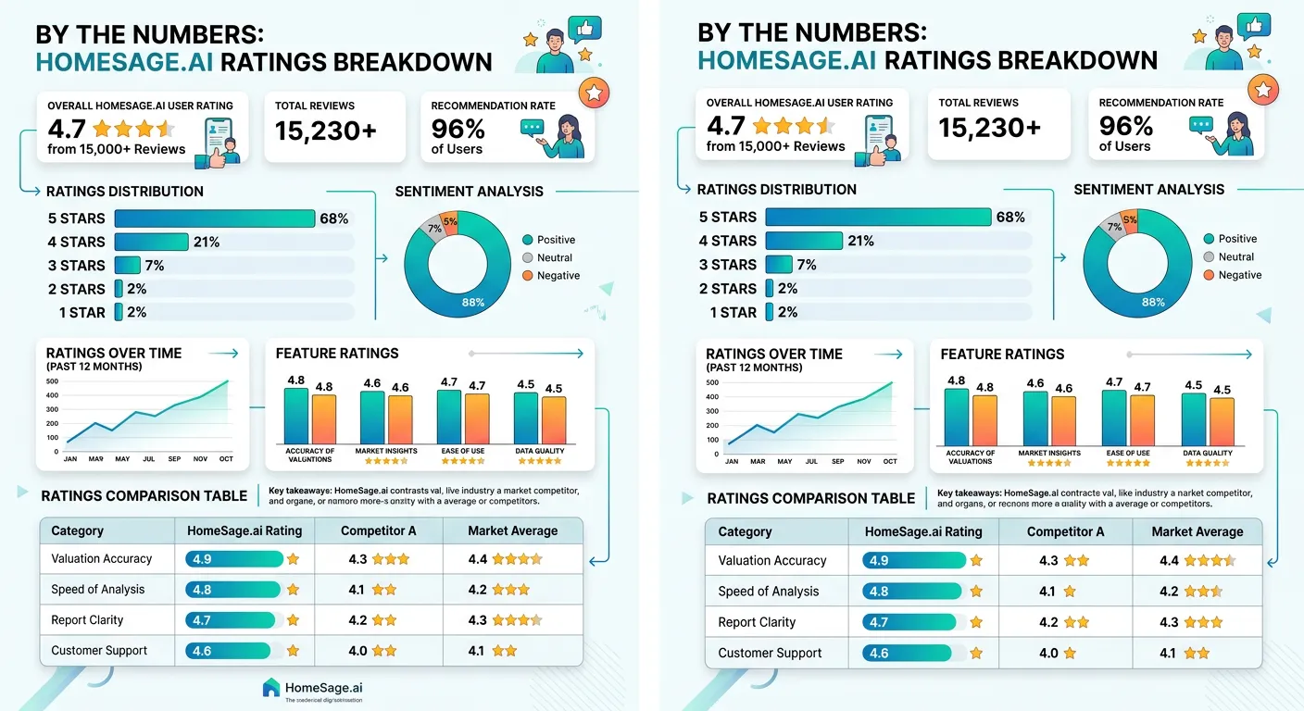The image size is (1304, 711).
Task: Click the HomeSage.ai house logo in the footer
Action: pos(271,687)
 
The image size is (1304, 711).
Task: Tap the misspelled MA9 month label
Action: pos(95,458)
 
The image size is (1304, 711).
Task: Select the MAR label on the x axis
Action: pos(759,461)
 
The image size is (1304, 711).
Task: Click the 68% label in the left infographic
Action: pos(333,218)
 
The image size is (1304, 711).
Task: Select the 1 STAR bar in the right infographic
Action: pos(768,312)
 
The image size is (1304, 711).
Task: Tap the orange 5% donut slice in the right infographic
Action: pos(1130,220)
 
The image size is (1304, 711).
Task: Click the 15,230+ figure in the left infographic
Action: pos(326,131)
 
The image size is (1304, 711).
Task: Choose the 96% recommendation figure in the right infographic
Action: pos(1125,126)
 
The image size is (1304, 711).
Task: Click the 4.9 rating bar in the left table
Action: pos(234,559)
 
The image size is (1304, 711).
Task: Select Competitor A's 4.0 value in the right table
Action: pos(1048,653)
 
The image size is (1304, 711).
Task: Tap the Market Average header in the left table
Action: pos(512,530)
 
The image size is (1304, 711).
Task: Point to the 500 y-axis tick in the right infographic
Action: pos(712,382)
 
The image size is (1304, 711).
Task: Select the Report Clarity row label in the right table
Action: pos(757,622)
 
